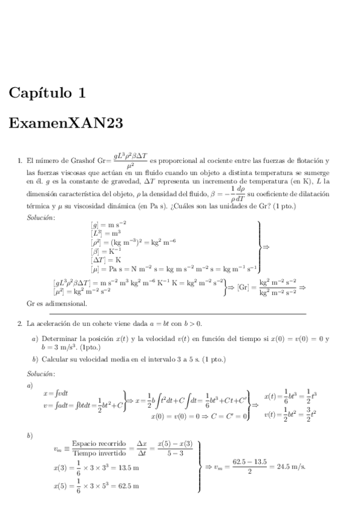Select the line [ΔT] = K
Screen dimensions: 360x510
(x=106, y=260)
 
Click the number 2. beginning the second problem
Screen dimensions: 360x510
(x=22, y=324)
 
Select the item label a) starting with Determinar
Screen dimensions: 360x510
(x=35, y=339)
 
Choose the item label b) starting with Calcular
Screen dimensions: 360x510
(x=35, y=359)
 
